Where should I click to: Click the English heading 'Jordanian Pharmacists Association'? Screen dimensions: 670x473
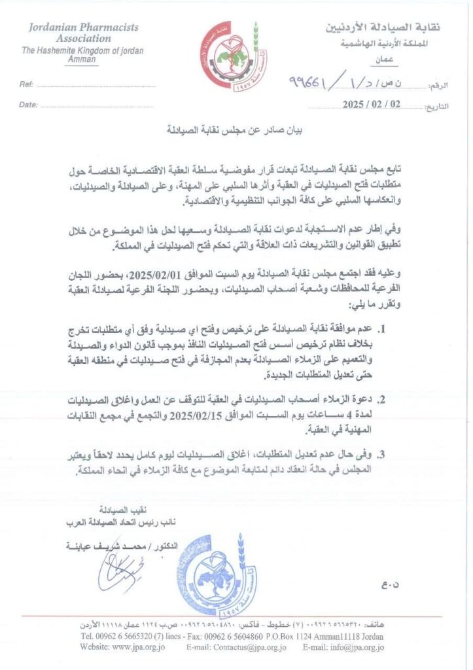82,33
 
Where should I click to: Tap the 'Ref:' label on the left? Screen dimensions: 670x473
27,85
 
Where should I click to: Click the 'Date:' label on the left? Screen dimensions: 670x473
29,105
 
